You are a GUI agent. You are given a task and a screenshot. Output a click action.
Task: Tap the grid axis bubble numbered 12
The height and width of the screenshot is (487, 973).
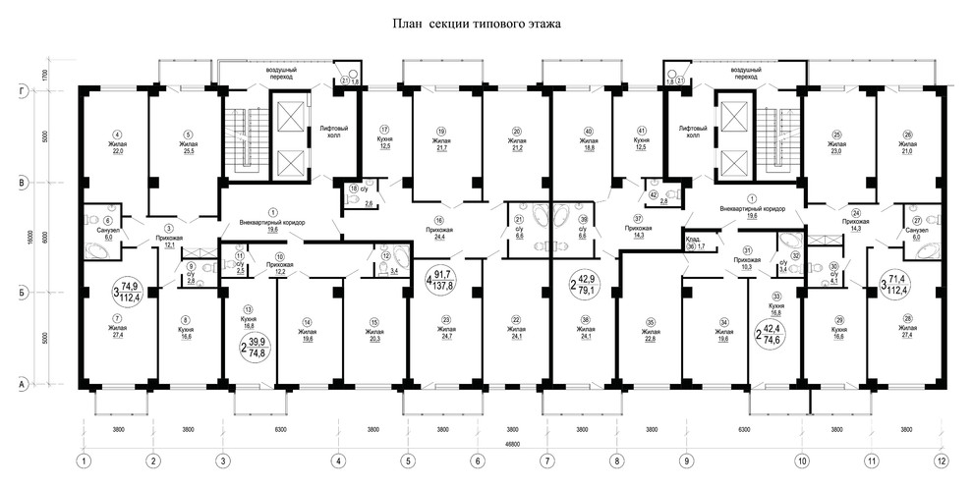[942, 460]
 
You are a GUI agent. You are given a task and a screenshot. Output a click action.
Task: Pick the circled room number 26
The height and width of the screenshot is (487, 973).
[907, 135]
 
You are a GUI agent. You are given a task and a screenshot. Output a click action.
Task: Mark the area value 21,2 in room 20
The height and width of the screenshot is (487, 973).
[517, 150]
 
